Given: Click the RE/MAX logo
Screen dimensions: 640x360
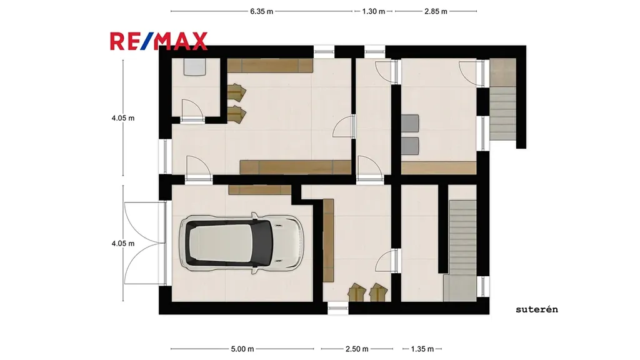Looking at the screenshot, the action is (159, 41).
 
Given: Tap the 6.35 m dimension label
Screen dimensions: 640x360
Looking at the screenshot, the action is (262, 11).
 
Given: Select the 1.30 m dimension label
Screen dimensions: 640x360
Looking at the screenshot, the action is (374, 11).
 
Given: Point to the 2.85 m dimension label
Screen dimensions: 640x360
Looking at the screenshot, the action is (436, 11).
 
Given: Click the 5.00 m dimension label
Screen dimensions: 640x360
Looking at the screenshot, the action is (242, 349).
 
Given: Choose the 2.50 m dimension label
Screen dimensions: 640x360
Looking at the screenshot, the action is (357, 349).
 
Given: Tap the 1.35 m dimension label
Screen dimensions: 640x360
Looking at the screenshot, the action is (422, 349).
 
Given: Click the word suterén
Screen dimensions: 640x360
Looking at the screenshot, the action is (537, 309).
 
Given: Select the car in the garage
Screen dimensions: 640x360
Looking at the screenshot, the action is (242, 243).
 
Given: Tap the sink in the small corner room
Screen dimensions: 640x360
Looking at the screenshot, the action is (194, 67).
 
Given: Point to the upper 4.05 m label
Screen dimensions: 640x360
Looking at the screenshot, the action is (123, 118).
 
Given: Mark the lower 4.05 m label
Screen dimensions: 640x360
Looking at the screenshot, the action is (123, 243).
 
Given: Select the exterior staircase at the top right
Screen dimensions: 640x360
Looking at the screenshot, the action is (503, 99).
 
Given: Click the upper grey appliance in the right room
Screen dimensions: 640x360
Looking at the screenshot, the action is (410, 123).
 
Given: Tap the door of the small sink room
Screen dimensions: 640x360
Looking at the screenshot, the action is (192, 110).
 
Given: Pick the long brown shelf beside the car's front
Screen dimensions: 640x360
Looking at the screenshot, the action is (328, 240).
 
